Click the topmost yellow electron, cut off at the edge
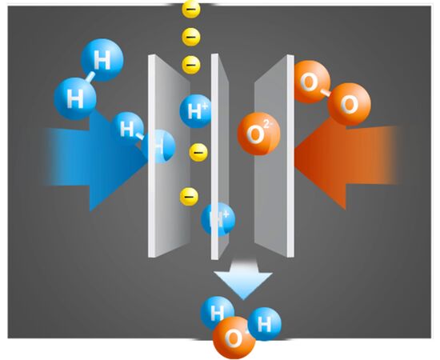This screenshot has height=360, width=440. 191,9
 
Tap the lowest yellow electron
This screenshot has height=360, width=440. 189,197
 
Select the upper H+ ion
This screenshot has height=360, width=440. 195,111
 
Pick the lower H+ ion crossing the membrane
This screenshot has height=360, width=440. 218,219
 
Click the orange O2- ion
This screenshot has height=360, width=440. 258,134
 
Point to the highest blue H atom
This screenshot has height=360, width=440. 102,60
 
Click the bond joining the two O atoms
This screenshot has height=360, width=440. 326,93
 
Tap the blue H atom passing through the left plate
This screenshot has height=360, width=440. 158,146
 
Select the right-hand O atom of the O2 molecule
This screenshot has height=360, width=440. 349,104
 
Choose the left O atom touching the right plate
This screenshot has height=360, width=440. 311,82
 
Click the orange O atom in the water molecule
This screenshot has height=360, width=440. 234,338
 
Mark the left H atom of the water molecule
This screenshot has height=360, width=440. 218,313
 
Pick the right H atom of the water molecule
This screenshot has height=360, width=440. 264,324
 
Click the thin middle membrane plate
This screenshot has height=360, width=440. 219,156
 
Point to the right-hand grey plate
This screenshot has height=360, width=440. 274,156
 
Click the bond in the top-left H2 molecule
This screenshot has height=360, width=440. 90,77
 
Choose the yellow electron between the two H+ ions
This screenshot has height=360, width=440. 198,152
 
